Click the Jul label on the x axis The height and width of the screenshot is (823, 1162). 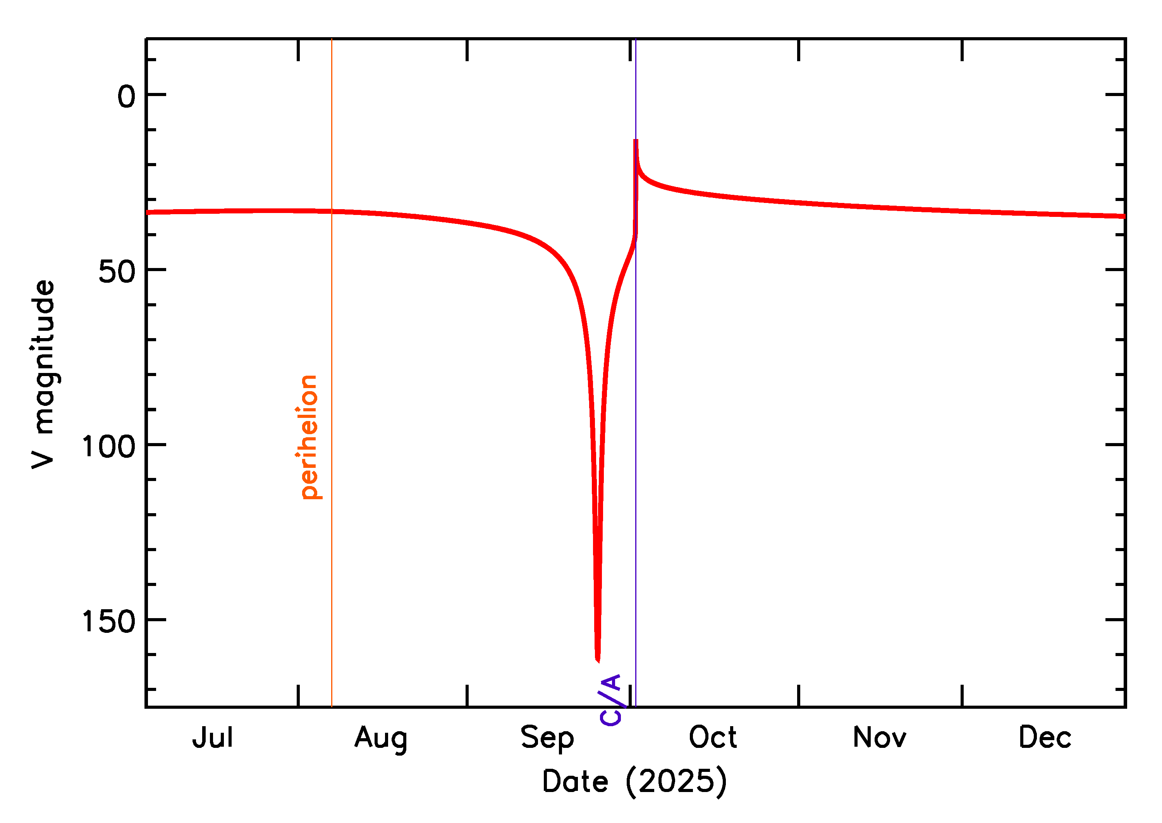pyautogui.click(x=212, y=738)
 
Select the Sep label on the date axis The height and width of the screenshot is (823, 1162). pyautogui.click(x=547, y=738)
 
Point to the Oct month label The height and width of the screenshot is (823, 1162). pyautogui.click(x=713, y=737)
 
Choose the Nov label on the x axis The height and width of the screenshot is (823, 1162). pyautogui.click(x=879, y=737)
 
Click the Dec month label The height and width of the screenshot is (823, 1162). pyautogui.click(x=1045, y=737)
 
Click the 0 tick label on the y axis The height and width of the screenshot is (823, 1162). pyautogui.click(x=126, y=97)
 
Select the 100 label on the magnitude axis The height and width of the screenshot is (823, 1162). pyautogui.click(x=108, y=447)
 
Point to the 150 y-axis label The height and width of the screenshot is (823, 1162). pyautogui.click(x=108, y=622)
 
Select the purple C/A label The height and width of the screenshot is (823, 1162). pyautogui.click(x=611, y=700)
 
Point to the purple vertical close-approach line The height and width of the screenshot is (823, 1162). pyautogui.click(x=636, y=456)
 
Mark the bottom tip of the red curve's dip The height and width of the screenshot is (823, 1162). pyautogui.click(x=598, y=660)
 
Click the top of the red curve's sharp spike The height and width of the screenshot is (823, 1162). pyautogui.click(x=636, y=140)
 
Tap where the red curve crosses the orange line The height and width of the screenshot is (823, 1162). pyautogui.click(x=332, y=211)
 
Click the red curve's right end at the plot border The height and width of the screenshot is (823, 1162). pyautogui.click(x=1124, y=216)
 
